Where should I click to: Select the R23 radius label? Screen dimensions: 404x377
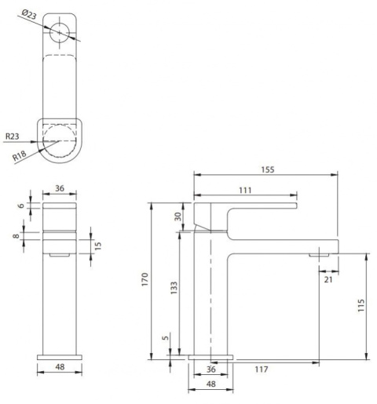(12, 136)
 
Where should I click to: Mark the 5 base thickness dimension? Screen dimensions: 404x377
(164, 339)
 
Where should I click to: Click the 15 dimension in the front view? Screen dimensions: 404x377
(97, 246)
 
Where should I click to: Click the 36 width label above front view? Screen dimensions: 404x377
(59, 188)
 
